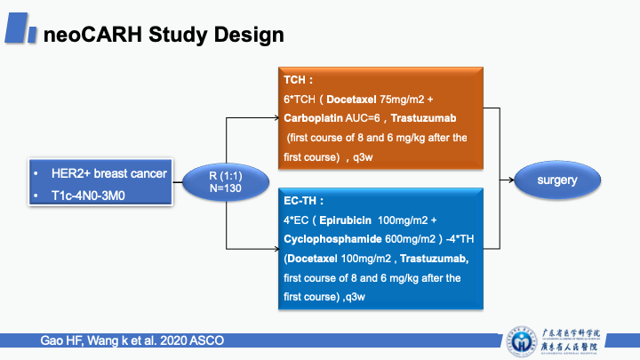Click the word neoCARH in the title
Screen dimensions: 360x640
tap(79, 35)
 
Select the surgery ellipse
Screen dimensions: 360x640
tap(556, 180)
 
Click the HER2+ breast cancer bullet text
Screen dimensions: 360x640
tap(109, 173)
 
